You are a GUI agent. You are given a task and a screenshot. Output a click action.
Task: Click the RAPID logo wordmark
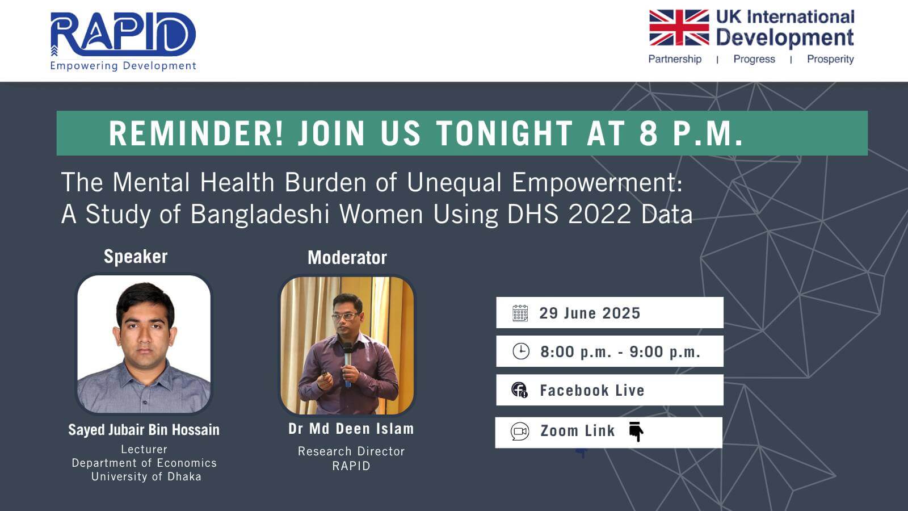[x=123, y=34]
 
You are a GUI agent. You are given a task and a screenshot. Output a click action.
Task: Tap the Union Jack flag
[x=679, y=28]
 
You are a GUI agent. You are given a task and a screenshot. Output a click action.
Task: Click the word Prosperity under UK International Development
[x=830, y=59]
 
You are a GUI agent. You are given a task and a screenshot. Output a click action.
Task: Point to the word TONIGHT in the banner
[x=505, y=133]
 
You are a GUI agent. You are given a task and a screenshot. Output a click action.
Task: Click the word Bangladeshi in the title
[x=260, y=213]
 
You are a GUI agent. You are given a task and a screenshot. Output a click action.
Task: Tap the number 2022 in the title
[x=599, y=213]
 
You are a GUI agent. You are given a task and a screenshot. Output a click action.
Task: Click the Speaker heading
[x=136, y=257]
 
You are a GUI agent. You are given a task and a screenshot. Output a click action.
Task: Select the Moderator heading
[x=347, y=258]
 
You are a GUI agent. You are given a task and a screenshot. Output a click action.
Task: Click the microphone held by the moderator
[x=347, y=363]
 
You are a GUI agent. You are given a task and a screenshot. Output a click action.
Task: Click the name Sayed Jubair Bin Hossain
[x=144, y=430]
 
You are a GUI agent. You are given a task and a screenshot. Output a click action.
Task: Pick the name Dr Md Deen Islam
[x=351, y=429]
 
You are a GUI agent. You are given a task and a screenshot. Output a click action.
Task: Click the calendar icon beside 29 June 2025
[x=520, y=313]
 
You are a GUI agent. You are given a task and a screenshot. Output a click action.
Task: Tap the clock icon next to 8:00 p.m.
[x=521, y=351]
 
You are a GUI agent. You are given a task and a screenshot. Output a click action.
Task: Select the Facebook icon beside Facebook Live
[x=519, y=389]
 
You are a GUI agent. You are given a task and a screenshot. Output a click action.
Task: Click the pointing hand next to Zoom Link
[x=636, y=431]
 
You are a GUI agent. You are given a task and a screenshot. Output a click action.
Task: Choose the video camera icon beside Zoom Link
[x=520, y=432]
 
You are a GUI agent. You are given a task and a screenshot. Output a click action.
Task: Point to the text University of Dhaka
[x=146, y=476]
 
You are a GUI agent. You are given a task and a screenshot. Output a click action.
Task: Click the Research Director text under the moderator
[x=351, y=451]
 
